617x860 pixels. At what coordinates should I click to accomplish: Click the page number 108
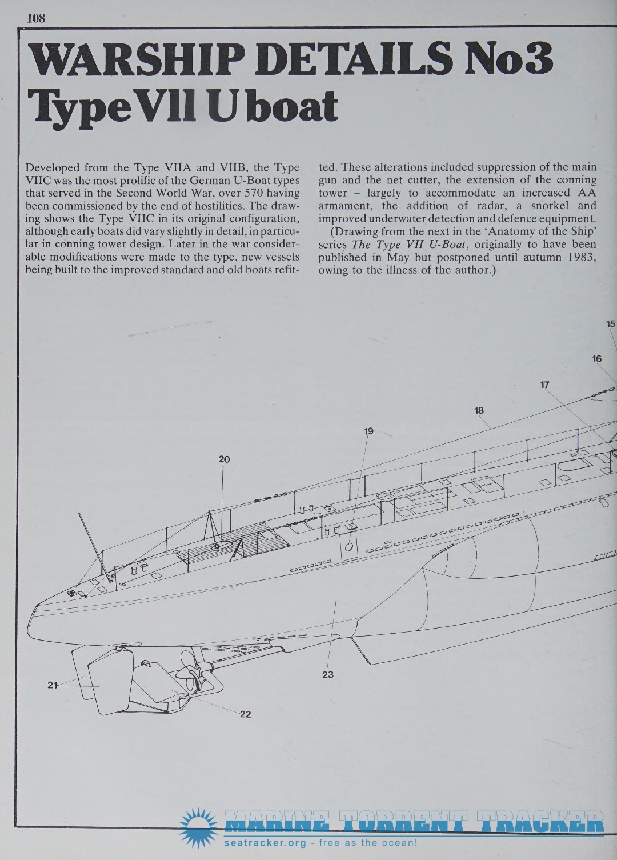coord(36,18)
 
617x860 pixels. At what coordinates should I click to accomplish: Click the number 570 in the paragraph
coord(254,193)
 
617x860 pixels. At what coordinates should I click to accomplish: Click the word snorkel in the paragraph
coord(550,205)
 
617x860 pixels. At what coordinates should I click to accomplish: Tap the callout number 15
coord(611,324)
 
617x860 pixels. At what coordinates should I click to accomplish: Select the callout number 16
coord(596,359)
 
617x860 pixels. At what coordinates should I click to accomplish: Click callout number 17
coord(544,385)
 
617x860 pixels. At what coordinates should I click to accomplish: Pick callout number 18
coord(479,411)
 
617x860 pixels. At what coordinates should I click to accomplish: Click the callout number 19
coord(368,431)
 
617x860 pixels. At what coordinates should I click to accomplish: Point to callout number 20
coord(224,459)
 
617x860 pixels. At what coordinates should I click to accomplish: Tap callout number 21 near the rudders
coord(52,685)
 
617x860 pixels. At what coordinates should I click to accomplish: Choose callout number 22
coord(245,714)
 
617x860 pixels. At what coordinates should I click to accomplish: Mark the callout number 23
coord(328,674)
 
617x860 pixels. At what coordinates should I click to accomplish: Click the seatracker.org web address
coord(265,843)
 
